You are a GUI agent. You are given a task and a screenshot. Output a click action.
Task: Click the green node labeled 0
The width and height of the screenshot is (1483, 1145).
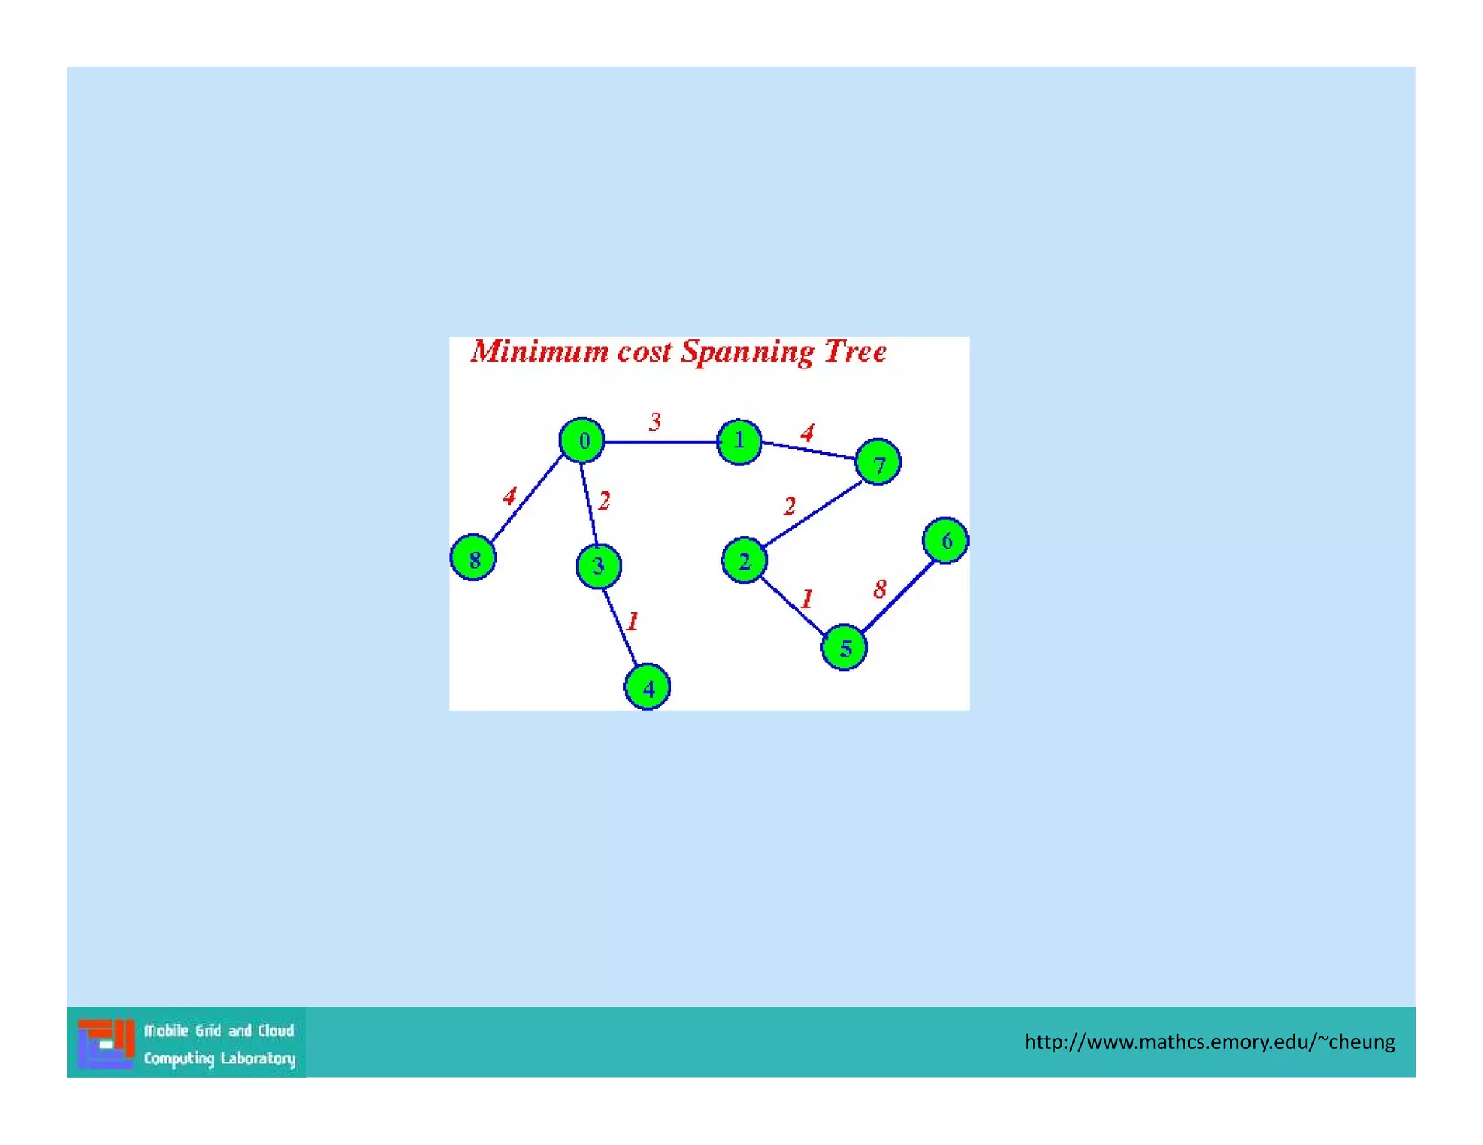coord(582,440)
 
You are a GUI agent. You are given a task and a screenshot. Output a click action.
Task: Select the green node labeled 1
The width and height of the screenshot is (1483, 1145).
coord(739,441)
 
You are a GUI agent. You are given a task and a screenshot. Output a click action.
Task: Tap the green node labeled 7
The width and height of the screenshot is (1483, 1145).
coord(878,462)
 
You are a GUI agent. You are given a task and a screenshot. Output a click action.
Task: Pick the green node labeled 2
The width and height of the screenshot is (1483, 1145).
coord(744,561)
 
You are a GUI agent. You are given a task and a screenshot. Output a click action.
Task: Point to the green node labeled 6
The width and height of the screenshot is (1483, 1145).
coord(946,541)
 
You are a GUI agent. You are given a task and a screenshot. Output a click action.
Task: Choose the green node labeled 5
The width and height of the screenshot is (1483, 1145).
coord(844,648)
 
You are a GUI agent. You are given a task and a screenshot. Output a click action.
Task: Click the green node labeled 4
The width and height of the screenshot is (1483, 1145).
coord(647,687)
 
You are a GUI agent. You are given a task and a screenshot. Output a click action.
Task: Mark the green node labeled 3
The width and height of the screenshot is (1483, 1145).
coord(598,566)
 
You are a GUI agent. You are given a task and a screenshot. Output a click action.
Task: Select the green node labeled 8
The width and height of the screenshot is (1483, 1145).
coord(474,558)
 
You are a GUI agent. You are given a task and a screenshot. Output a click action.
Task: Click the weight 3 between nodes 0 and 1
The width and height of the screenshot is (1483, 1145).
coord(655,421)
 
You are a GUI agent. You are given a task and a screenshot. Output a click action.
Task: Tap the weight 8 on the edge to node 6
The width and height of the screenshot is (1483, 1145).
coord(880,589)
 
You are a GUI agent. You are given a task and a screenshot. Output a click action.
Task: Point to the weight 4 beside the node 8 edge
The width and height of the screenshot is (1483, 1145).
coord(510,497)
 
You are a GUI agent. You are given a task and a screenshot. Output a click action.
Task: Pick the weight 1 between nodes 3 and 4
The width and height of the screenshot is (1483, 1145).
coord(633,621)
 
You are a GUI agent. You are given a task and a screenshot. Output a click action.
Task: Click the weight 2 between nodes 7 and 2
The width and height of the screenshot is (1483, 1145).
coord(790,506)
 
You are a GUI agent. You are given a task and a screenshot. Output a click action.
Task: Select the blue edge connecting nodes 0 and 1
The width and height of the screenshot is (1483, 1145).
coord(660,441)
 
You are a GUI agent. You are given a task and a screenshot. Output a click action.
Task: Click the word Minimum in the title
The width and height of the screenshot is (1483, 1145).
coord(539,352)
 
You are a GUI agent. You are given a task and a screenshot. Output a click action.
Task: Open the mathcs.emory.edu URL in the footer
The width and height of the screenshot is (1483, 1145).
coord(1209,1042)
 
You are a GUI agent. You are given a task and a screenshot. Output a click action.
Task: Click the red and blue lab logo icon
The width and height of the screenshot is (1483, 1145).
coord(106,1043)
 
